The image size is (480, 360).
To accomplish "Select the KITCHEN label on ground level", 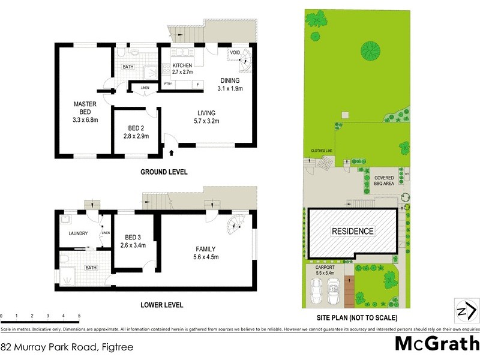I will pyautogui.click(x=182, y=65).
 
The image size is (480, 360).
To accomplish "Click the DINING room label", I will pyautogui.click(x=230, y=80).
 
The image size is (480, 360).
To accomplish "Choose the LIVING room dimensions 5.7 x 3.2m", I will pyautogui.click(x=206, y=121).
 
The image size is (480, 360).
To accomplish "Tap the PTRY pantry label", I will pyautogui.click(x=168, y=85).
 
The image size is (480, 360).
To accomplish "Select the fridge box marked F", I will pyautogui.click(x=197, y=85).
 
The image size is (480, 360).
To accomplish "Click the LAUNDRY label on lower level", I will pyautogui.click(x=79, y=233).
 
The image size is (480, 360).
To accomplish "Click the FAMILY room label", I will pyautogui.click(x=205, y=248).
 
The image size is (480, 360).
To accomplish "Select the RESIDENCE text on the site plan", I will pyautogui.click(x=353, y=231).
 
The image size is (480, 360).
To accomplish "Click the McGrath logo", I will pyautogui.click(x=436, y=343).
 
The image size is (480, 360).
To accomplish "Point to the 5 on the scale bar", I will pyautogui.click(x=79, y=315).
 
